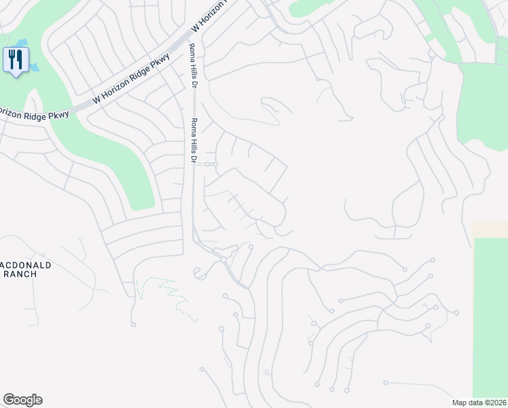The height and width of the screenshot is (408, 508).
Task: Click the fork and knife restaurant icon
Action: click(15, 58)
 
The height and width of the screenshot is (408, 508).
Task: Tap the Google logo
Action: click(22, 400)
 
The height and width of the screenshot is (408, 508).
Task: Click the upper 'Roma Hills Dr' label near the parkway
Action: click(192, 62)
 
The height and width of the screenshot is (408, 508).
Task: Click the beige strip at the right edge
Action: click(489, 229)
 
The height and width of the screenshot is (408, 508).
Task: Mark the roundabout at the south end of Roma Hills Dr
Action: click(223, 260)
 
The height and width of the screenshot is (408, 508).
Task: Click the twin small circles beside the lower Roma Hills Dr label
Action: click(211, 165)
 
